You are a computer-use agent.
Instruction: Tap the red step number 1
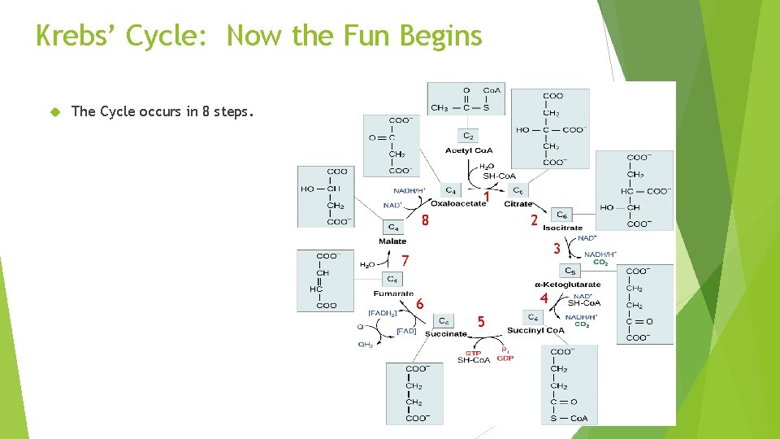point(486,197)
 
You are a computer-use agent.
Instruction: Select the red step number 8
point(425,220)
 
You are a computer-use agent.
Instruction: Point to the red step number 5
point(481,322)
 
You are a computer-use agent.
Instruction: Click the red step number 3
point(557,249)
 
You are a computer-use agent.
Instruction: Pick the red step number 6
point(419,304)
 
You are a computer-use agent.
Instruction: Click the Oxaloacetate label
point(458,203)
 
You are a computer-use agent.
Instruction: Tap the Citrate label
point(518,203)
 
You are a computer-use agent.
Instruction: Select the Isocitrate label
point(563,228)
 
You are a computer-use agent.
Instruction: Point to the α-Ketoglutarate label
point(568,285)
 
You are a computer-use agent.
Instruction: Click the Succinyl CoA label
point(535,330)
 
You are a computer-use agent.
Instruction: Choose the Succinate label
point(446,333)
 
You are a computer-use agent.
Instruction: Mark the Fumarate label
point(393,293)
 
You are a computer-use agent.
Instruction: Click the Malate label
point(392,241)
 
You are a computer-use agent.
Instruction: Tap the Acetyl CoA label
point(469,150)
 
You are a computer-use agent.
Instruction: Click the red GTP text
point(473,353)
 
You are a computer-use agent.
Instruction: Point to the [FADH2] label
point(382,312)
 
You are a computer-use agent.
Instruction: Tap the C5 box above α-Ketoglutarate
point(570,271)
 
